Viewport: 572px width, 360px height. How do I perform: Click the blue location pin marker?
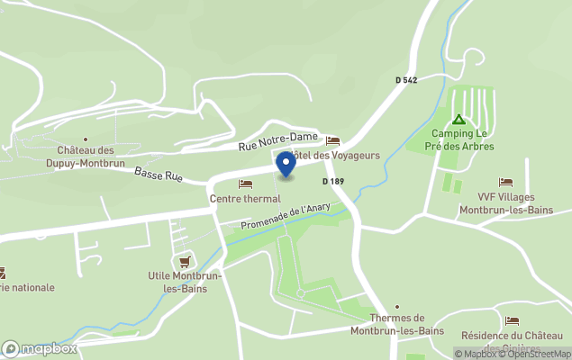pyautogui.click(x=286, y=164)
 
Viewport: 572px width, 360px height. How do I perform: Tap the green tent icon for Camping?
pyautogui.click(x=459, y=120)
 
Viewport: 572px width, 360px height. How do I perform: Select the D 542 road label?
pyautogui.click(x=406, y=80)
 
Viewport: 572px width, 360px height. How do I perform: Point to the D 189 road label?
pyautogui.click(x=333, y=182)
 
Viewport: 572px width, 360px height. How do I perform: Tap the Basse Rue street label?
pyautogui.click(x=159, y=174)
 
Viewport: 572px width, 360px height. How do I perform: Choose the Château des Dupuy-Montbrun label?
pyautogui.click(x=86, y=157)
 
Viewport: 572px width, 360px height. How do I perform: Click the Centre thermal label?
pyautogui.click(x=245, y=199)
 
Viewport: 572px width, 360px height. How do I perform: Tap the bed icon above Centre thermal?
pyautogui.click(x=245, y=184)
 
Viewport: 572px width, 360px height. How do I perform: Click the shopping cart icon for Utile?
pyautogui.click(x=186, y=261)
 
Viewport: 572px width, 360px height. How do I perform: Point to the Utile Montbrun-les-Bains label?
pyautogui.click(x=178, y=283)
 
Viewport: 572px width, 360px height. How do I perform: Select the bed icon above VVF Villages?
pyautogui.click(x=505, y=183)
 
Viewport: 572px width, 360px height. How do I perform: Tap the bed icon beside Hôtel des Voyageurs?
pyautogui.click(x=332, y=141)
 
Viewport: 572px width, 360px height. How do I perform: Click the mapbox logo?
pyautogui.click(x=40, y=348)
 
